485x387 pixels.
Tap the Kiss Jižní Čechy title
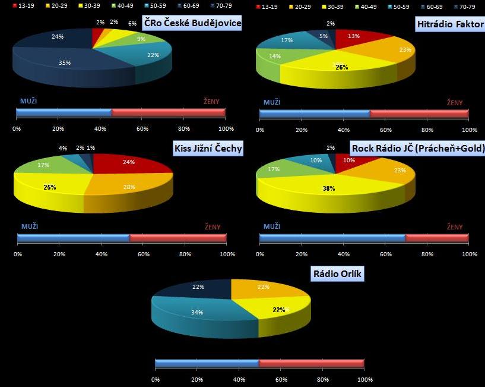(x=208, y=148)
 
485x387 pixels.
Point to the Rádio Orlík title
(x=337, y=274)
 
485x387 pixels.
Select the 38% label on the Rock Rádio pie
(x=328, y=188)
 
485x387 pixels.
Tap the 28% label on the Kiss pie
(x=129, y=188)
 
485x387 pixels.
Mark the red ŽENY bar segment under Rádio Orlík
(x=311, y=363)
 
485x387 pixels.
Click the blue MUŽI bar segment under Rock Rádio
(x=332, y=238)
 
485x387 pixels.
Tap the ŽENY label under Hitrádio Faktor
(x=455, y=103)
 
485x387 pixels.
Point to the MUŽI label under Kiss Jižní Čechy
(x=30, y=226)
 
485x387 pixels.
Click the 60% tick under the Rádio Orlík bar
(x=281, y=379)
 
